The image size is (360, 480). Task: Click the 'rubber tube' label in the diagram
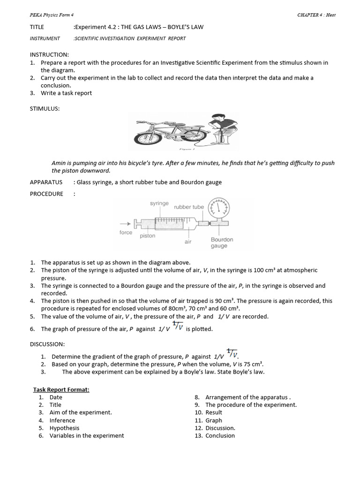pos(189,207)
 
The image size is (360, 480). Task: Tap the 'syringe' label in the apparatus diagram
pos(159,203)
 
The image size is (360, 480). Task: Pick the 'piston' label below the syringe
pos(147,236)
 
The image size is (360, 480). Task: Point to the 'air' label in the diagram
pos(188,242)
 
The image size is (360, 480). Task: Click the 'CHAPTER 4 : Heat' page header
pos(316,15)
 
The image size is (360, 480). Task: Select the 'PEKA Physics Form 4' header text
pos(49,15)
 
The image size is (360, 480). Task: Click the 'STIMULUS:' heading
pos(45,109)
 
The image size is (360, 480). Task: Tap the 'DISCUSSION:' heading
pos(47,344)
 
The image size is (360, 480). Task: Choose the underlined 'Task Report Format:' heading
pos(61,390)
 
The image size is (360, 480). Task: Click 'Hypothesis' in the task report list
pos(64,428)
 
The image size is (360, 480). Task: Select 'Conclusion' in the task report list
pos(220,435)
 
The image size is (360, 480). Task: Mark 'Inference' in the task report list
pos(62,420)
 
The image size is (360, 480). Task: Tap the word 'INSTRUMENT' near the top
pos(45,38)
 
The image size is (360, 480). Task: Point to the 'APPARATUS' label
pos(46,182)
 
